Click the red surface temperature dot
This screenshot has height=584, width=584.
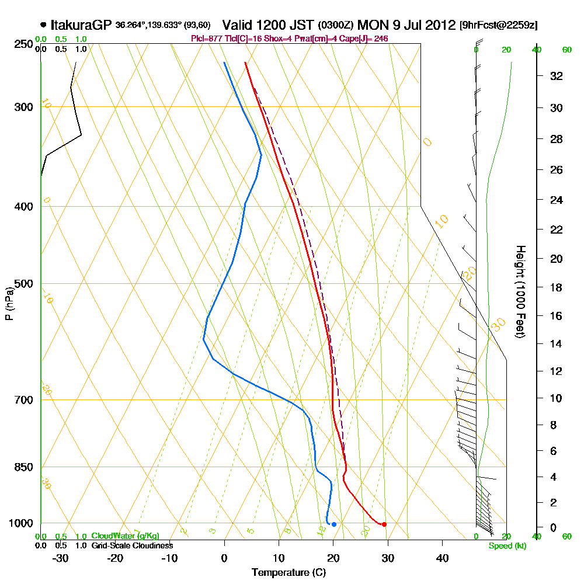[x=384, y=524]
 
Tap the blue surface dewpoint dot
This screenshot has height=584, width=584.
[x=333, y=524]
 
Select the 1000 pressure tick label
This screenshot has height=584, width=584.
[x=22, y=523]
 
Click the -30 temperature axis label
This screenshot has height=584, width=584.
[x=61, y=558]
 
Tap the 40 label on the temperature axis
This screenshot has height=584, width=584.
[x=442, y=558]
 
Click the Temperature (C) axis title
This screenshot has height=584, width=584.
[x=288, y=572]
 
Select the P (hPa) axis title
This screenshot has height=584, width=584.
[x=9, y=303]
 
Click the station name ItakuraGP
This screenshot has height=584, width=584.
[x=81, y=25]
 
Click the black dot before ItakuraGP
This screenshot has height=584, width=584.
[x=44, y=25]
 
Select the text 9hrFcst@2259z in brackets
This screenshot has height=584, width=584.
[x=499, y=25]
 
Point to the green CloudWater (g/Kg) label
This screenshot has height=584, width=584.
[x=125, y=536]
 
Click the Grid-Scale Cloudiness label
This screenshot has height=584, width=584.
[x=132, y=545]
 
